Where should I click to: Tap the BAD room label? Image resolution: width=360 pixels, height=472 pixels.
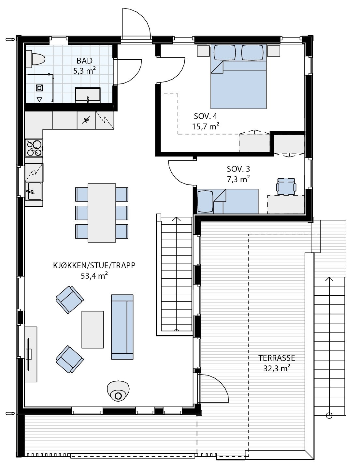[x=85, y=61]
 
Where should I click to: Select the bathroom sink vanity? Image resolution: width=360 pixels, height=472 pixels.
[x=88, y=95]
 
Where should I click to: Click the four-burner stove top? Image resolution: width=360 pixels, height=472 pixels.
[x=34, y=148]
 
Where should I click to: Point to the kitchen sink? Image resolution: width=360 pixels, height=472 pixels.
[x=34, y=191]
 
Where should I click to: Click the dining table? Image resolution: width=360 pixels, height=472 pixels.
[x=102, y=213]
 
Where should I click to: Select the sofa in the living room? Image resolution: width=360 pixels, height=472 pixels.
[x=122, y=327]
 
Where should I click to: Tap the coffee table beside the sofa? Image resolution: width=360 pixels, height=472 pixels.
[x=93, y=329]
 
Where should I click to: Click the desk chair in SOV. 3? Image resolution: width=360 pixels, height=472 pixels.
[x=286, y=186]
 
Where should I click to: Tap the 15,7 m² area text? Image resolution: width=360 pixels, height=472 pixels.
[x=205, y=126]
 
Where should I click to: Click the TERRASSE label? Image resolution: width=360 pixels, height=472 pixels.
[x=277, y=358]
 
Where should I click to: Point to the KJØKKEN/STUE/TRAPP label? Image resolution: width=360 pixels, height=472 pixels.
[x=94, y=266]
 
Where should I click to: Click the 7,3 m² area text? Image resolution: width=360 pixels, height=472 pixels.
[x=238, y=178]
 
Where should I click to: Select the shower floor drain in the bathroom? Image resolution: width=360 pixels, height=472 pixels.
[x=39, y=87]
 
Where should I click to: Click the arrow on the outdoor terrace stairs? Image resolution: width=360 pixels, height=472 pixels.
[x=329, y=279]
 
